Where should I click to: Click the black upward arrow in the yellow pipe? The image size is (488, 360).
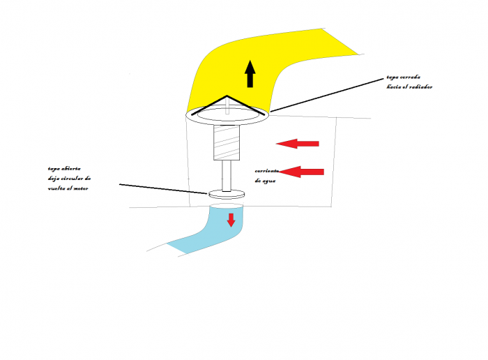[250, 73]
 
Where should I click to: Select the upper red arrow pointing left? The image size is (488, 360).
[298, 144]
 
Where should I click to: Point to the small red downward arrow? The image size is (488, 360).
[231, 220]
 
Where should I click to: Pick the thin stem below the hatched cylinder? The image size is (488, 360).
[227, 175]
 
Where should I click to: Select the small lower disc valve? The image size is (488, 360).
[227, 194]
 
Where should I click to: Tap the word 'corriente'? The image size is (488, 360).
[266, 171]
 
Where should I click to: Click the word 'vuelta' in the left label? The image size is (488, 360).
[59, 189]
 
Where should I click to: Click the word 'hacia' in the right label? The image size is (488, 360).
[395, 87]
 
